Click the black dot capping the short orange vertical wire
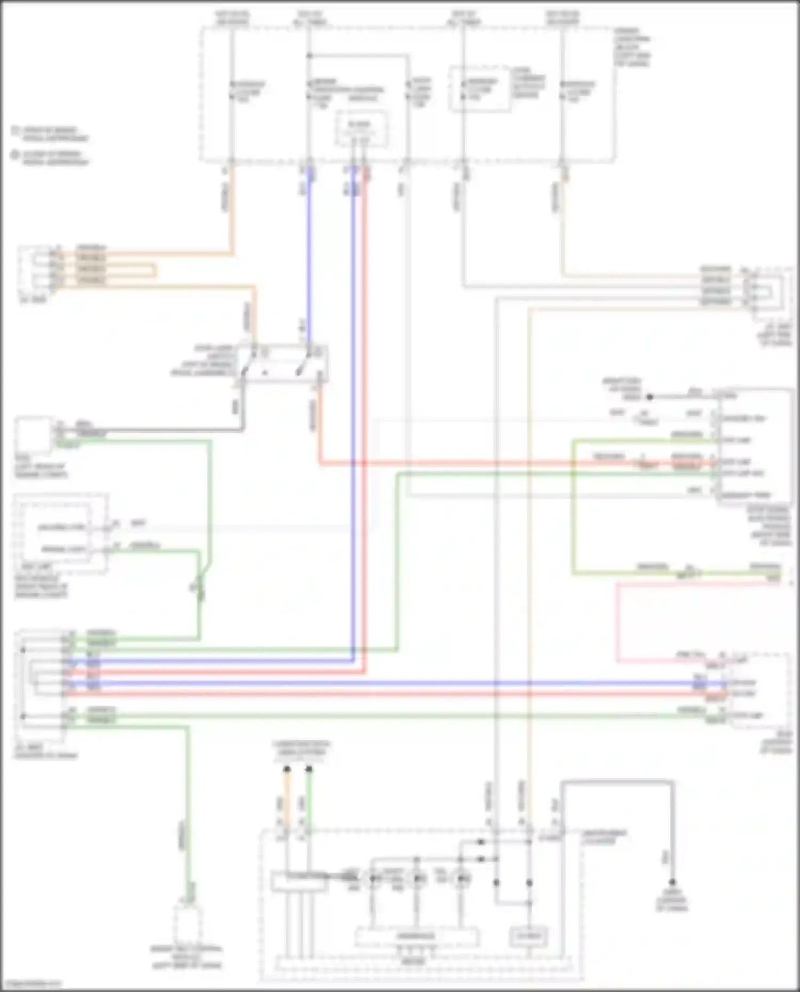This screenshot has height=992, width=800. click(x=287, y=769)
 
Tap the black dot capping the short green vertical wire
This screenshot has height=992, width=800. click(x=309, y=769)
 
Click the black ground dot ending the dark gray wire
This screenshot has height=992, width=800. click(x=673, y=882)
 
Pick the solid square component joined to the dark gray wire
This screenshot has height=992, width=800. click(x=34, y=435)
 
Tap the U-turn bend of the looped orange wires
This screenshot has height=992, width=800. click(x=155, y=270)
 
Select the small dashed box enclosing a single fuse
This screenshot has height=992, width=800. click(x=479, y=89)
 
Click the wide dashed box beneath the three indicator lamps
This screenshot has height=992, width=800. click(x=417, y=936)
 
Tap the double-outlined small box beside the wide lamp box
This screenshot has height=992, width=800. click(x=529, y=936)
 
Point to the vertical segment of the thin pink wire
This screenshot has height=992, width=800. click(x=617, y=623)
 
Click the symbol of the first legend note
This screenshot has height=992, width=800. click(x=16, y=131)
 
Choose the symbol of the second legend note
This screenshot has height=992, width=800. click(x=16, y=155)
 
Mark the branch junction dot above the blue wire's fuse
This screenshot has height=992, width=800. click(x=309, y=55)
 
